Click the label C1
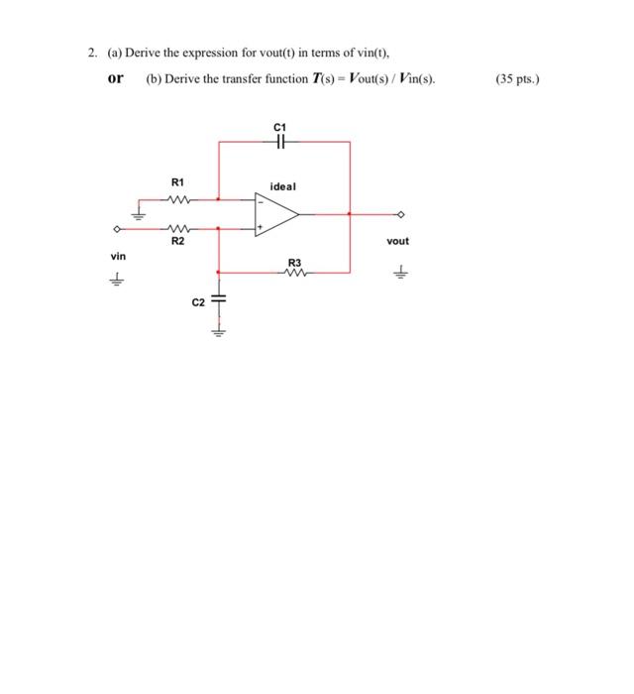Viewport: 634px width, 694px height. (278, 126)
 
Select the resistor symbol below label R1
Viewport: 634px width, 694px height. (177, 197)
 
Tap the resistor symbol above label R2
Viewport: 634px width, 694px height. (177, 228)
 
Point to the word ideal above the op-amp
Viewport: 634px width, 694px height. (282, 185)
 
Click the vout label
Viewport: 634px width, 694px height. (397, 241)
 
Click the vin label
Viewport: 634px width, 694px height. (119, 256)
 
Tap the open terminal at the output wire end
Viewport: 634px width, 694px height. (401, 213)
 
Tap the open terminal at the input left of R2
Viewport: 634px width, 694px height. (118, 229)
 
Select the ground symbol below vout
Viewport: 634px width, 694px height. (401, 268)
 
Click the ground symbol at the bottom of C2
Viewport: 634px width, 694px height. (219, 331)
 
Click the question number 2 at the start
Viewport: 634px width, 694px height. (88, 53)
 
